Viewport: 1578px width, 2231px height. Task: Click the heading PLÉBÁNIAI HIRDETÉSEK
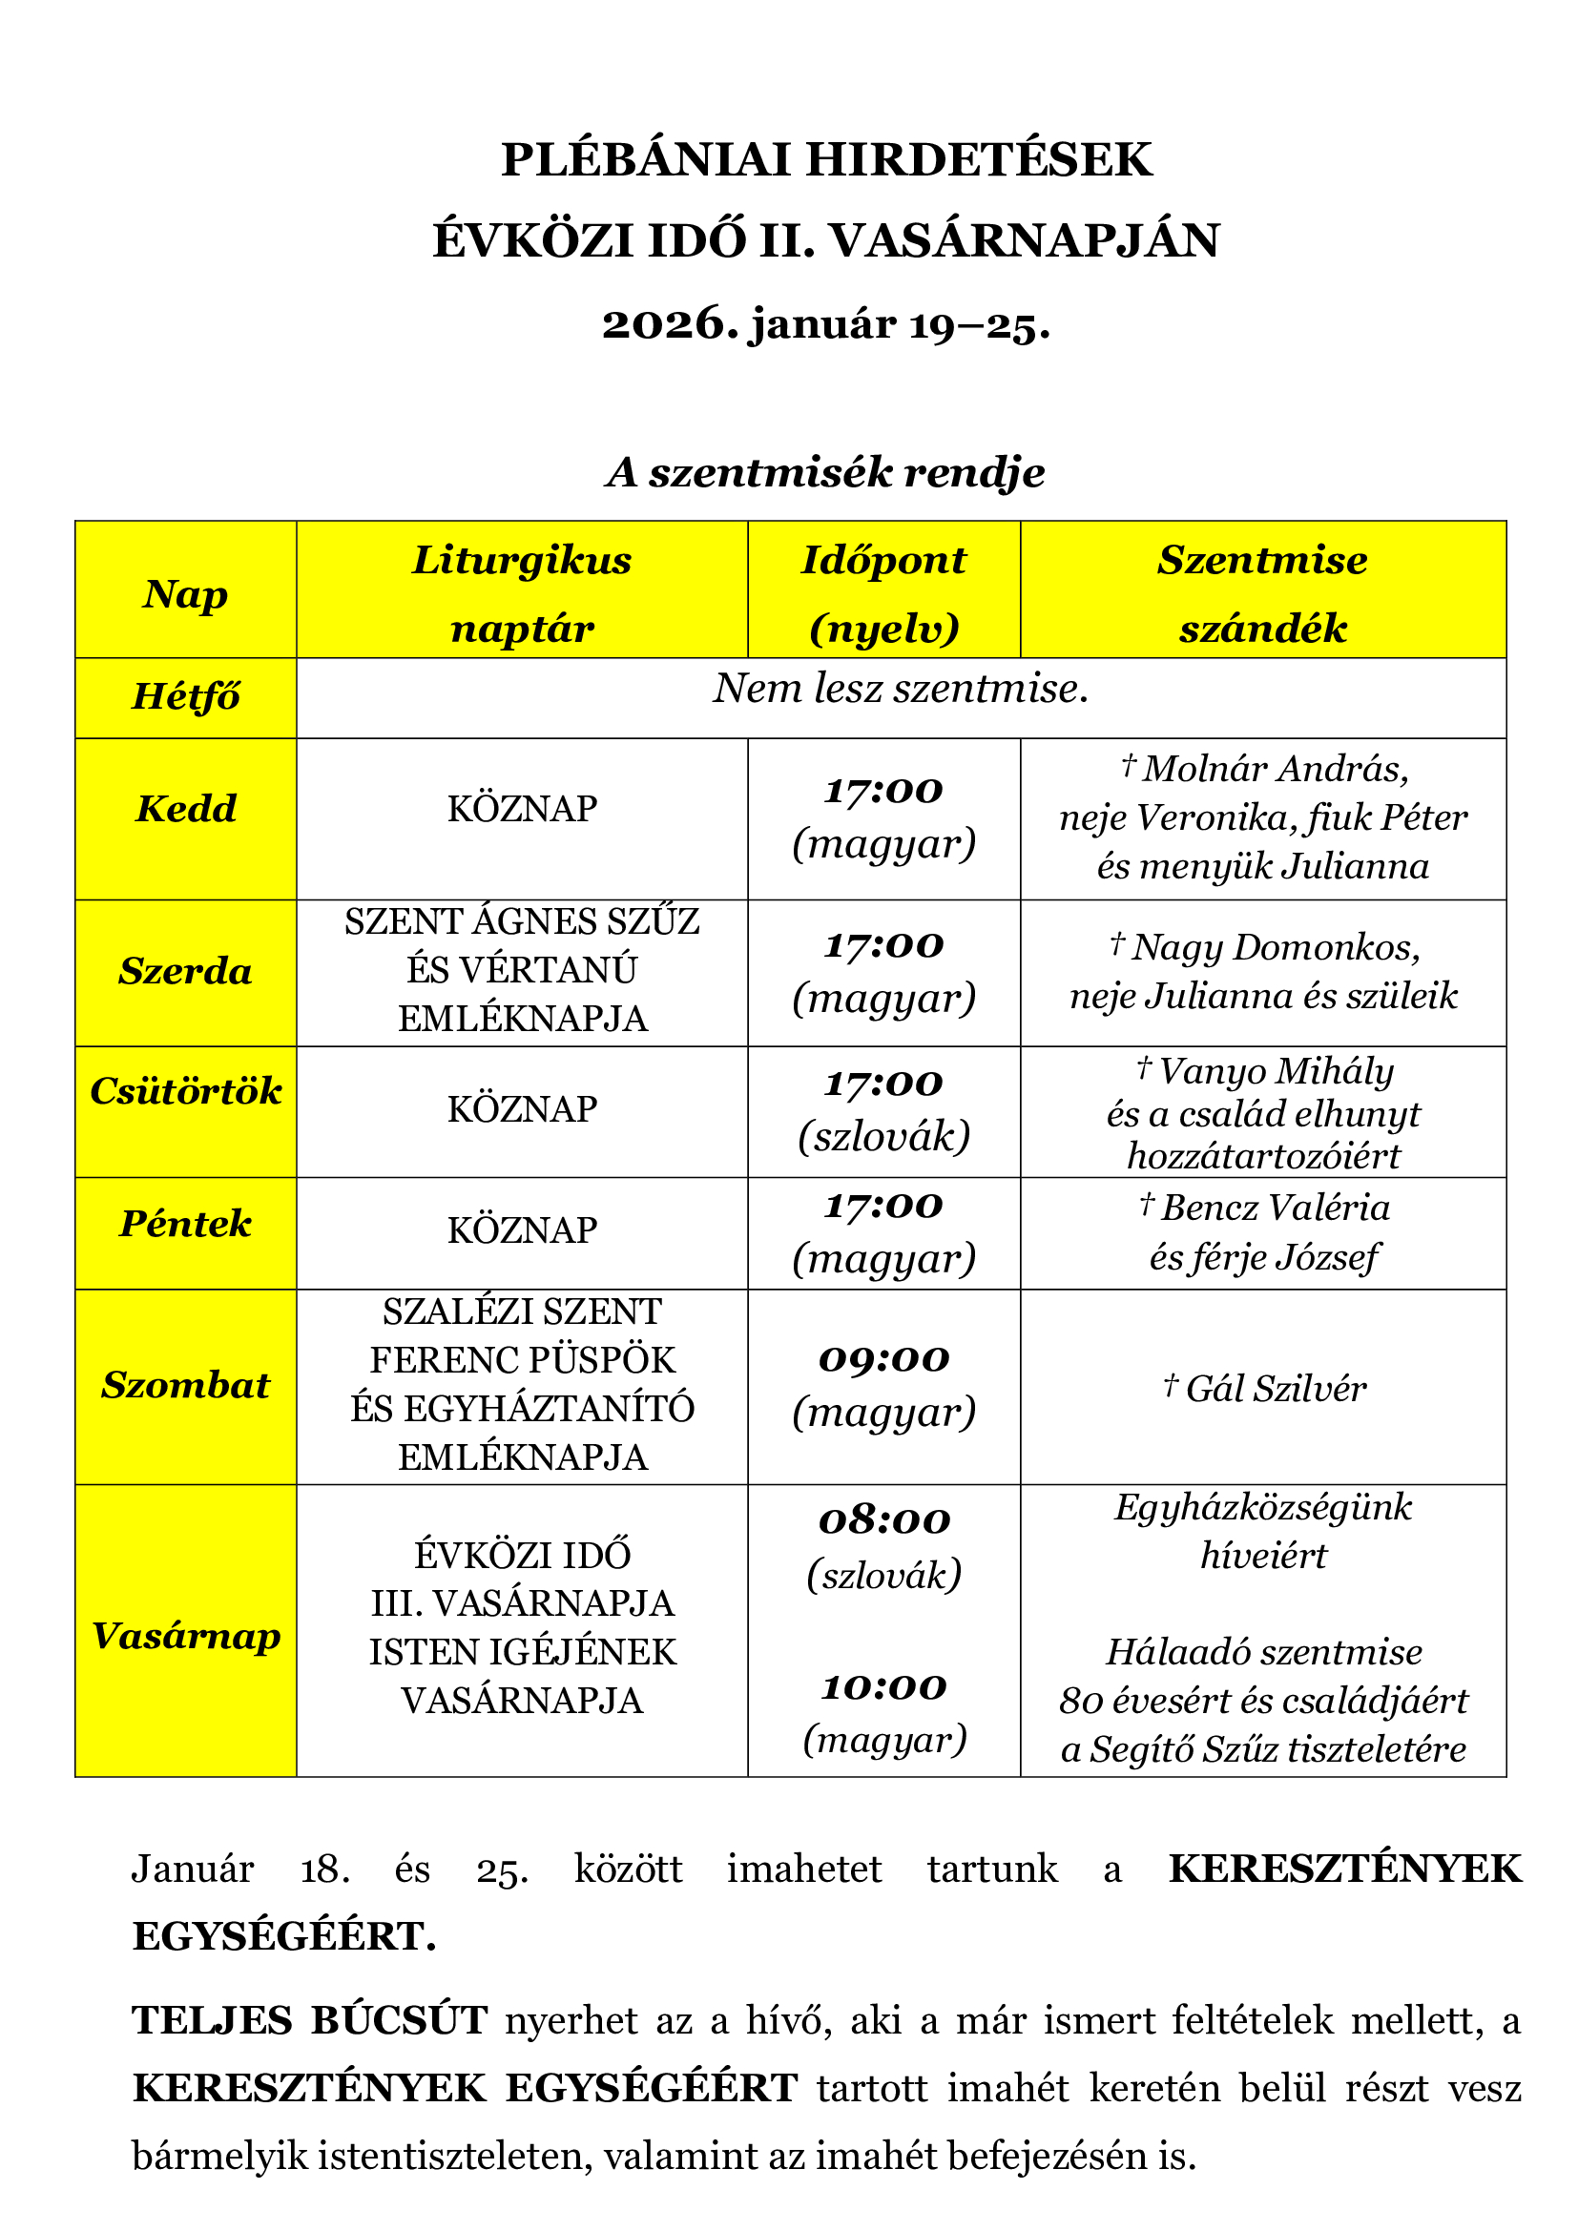click(826, 159)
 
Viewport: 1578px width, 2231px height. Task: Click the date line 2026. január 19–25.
click(826, 324)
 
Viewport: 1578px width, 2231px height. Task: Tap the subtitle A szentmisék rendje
click(826, 472)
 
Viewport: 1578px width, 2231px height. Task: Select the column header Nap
click(186, 593)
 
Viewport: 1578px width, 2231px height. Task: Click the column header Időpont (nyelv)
click(883, 593)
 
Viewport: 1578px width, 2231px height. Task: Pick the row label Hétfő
click(186, 696)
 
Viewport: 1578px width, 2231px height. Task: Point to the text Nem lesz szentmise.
click(901, 689)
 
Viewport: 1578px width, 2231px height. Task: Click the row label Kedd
click(186, 809)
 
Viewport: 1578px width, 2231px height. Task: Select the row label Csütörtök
click(186, 1091)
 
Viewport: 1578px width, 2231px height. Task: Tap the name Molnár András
click(1274, 769)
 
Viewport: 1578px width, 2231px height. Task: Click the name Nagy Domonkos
click(1274, 946)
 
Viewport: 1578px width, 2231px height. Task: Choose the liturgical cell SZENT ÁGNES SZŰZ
click(522, 921)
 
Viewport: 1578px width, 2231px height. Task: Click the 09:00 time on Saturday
click(883, 1358)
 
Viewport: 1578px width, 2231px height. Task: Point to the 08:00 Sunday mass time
click(883, 1520)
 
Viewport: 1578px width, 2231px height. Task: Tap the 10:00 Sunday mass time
click(883, 1688)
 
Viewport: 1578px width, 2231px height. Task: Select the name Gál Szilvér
click(1274, 1389)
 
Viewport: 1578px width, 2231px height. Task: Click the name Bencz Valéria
click(1274, 1208)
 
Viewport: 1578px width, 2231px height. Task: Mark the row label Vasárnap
click(186, 1637)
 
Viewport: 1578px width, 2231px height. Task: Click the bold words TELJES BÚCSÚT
click(309, 2021)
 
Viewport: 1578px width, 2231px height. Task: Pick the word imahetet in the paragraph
click(803, 1869)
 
